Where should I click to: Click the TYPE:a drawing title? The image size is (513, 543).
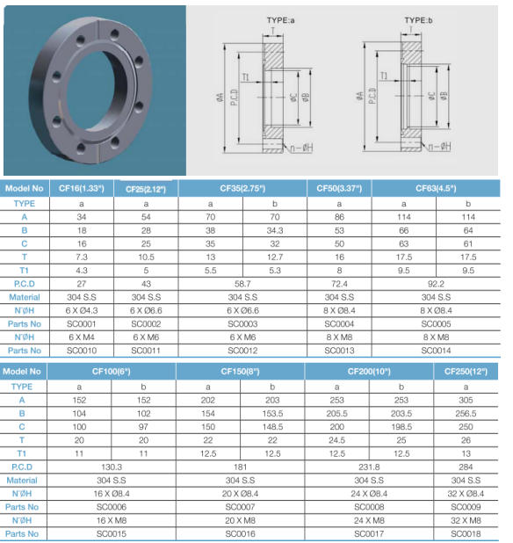click(x=281, y=20)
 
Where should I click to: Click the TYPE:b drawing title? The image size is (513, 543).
click(x=418, y=20)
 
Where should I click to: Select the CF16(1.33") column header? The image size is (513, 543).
click(x=82, y=188)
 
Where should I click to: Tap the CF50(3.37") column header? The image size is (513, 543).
click(x=339, y=188)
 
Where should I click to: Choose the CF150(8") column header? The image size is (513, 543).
click(x=240, y=372)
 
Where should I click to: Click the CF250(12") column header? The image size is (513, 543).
click(x=466, y=372)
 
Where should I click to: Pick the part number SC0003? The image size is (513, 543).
click(x=242, y=324)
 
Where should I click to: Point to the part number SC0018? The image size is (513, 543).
click(x=466, y=533)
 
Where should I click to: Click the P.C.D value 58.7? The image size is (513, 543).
click(x=242, y=284)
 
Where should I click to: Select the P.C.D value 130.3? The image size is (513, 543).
click(x=112, y=467)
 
